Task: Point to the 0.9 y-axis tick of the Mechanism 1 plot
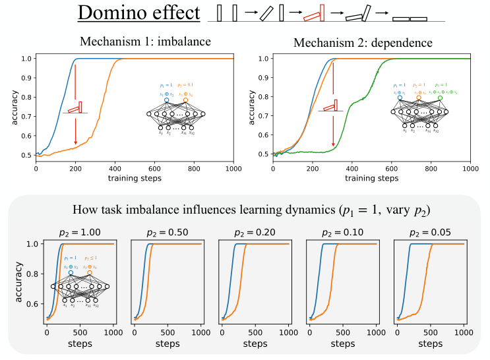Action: coord(26,78)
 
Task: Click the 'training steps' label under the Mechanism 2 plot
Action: coord(371,178)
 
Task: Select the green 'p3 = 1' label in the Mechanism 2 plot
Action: coord(440,85)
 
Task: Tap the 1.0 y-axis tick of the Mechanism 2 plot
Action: coord(263,58)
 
